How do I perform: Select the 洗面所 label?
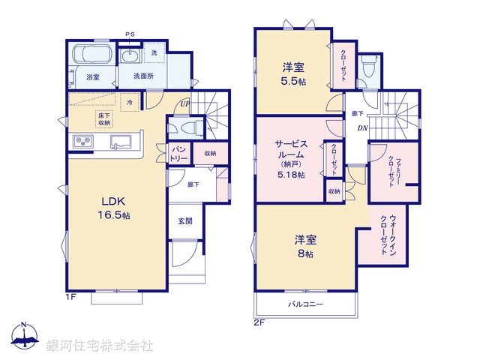click(x=144, y=76)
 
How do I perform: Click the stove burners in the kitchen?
click(x=82, y=142)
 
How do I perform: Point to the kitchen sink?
click(x=121, y=142)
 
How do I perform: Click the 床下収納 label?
click(x=104, y=118)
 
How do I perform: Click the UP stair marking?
click(x=184, y=105)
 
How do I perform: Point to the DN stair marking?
click(x=361, y=128)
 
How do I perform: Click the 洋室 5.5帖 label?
click(x=292, y=71)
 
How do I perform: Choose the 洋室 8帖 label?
click(x=304, y=247)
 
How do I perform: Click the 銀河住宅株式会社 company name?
click(x=100, y=346)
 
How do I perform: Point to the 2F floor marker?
click(x=260, y=322)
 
